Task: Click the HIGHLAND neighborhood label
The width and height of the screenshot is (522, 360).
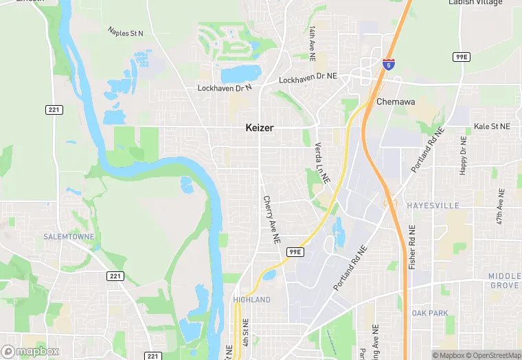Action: [251, 300]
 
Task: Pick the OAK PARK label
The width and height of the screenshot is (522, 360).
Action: [429, 313]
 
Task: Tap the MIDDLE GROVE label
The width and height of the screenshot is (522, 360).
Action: [505, 280]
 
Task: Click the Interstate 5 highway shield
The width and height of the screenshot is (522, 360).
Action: [389, 64]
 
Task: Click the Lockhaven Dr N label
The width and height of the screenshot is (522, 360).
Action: [225, 88]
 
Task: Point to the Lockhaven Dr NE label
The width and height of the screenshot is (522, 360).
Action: [308, 80]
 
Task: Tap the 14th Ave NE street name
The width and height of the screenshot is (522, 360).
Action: [312, 41]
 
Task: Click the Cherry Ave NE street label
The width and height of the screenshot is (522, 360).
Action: [271, 219]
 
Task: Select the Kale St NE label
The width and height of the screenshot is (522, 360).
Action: [492, 126]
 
